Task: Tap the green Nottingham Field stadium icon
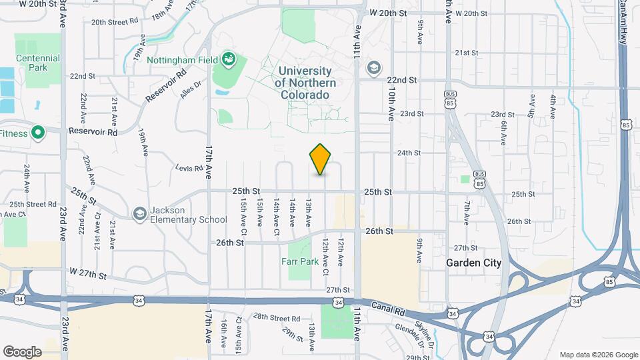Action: click(x=229, y=59)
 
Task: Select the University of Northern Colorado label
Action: click(x=305, y=83)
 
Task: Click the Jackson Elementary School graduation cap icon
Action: click(x=139, y=213)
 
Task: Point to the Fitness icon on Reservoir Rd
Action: click(x=38, y=133)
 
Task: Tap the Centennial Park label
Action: click(x=38, y=63)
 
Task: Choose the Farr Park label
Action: click(x=300, y=261)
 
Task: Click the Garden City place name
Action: click(x=473, y=263)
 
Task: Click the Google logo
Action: click(x=22, y=351)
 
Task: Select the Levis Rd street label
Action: click(x=189, y=169)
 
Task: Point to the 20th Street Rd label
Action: click(x=115, y=22)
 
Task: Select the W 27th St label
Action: click(x=88, y=274)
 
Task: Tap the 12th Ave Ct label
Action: click(x=325, y=259)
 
